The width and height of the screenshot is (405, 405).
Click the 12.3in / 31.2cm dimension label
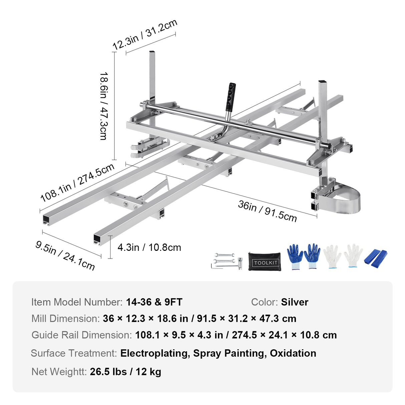(x=144, y=35)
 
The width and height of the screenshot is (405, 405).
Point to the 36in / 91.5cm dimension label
(x=267, y=211)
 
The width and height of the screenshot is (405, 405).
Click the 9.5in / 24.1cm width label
(x=65, y=256)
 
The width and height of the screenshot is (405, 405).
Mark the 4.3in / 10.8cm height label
(x=149, y=248)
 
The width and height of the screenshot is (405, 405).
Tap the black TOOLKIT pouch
(x=265, y=262)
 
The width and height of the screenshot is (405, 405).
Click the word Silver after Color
(x=295, y=302)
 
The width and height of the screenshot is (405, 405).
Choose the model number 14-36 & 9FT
(x=154, y=302)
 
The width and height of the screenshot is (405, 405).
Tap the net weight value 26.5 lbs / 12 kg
(x=125, y=372)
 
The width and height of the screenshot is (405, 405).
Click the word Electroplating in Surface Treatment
(x=154, y=353)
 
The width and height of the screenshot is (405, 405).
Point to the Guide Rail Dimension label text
(x=82, y=335)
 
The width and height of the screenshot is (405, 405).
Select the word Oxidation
(x=293, y=353)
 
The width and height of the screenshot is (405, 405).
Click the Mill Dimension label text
(x=65, y=319)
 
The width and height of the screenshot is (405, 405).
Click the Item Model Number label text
(x=77, y=302)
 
